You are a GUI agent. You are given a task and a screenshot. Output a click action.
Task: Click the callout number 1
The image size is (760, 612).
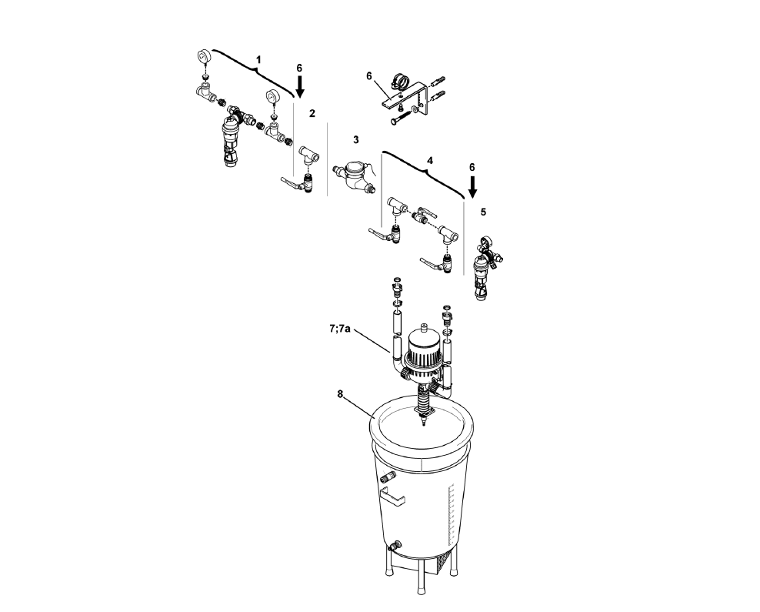point(259,59)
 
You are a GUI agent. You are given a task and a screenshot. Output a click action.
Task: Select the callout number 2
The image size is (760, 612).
point(312,113)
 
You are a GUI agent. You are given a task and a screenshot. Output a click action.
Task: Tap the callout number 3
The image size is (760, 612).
point(356,139)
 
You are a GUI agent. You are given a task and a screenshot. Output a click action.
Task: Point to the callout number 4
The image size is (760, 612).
point(430,160)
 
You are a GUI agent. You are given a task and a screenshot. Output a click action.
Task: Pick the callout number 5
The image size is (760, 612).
point(483,210)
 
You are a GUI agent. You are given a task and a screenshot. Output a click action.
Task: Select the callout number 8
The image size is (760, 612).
point(340,394)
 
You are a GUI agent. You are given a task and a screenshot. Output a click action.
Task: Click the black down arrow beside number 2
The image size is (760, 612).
point(300,85)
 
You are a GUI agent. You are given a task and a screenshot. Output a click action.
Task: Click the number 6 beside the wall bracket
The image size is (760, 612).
point(369,75)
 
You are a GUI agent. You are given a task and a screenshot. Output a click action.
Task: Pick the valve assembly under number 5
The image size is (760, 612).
point(485,269)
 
